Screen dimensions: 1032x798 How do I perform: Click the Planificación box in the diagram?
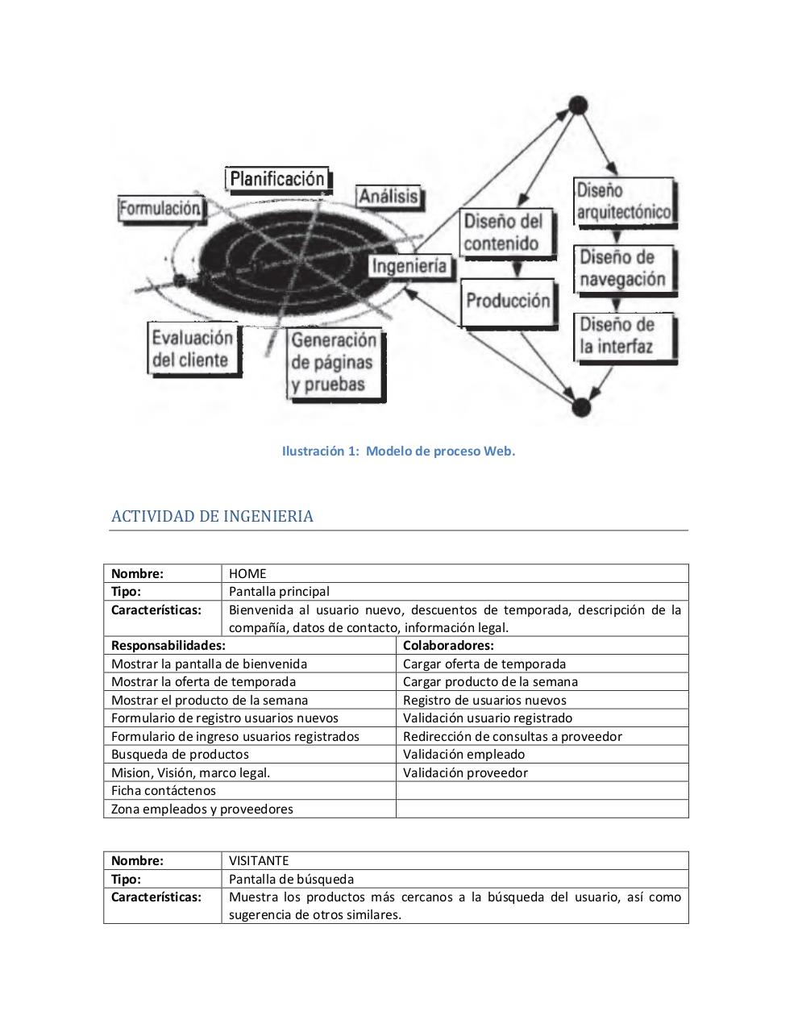pyautogui.click(x=277, y=179)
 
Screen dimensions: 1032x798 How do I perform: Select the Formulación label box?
pyautogui.click(x=160, y=209)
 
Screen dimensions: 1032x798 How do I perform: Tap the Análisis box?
pyautogui.click(x=389, y=197)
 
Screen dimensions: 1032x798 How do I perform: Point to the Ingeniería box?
pyautogui.click(x=409, y=266)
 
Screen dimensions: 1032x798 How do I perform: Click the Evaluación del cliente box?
pyautogui.click(x=193, y=349)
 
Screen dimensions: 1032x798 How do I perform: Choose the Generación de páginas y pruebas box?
pyautogui.click(x=334, y=362)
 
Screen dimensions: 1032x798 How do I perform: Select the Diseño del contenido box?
pyautogui.click(x=505, y=233)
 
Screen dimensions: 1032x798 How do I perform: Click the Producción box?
pyautogui.click(x=508, y=302)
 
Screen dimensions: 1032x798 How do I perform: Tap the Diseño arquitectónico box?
pyautogui.click(x=623, y=201)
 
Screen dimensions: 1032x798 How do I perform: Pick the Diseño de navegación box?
pyautogui.click(x=623, y=268)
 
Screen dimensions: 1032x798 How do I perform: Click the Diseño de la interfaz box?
pyautogui.click(x=623, y=336)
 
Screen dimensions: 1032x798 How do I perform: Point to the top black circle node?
pyautogui.click(x=578, y=105)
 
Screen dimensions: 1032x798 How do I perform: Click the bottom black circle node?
pyautogui.click(x=580, y=407)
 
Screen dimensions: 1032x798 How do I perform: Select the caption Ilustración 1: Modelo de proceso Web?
pyautogui.click(x=398, y=451)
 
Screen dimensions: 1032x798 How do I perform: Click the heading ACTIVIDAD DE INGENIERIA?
pyautogui.click(x=212, y=517)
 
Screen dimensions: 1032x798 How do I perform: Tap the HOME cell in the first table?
pyautogui.click(x=247, y=574)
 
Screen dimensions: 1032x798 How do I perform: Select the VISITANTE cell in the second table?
pyautogui.click(x=259, y=860)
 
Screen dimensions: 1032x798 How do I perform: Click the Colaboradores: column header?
pyautogui.click(x=448, y=645)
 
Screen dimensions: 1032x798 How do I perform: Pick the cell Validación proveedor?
pyautogui.click(x=465, y=772)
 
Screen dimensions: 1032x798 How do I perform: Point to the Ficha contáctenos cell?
pyautogui.click(x=164, y=791)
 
